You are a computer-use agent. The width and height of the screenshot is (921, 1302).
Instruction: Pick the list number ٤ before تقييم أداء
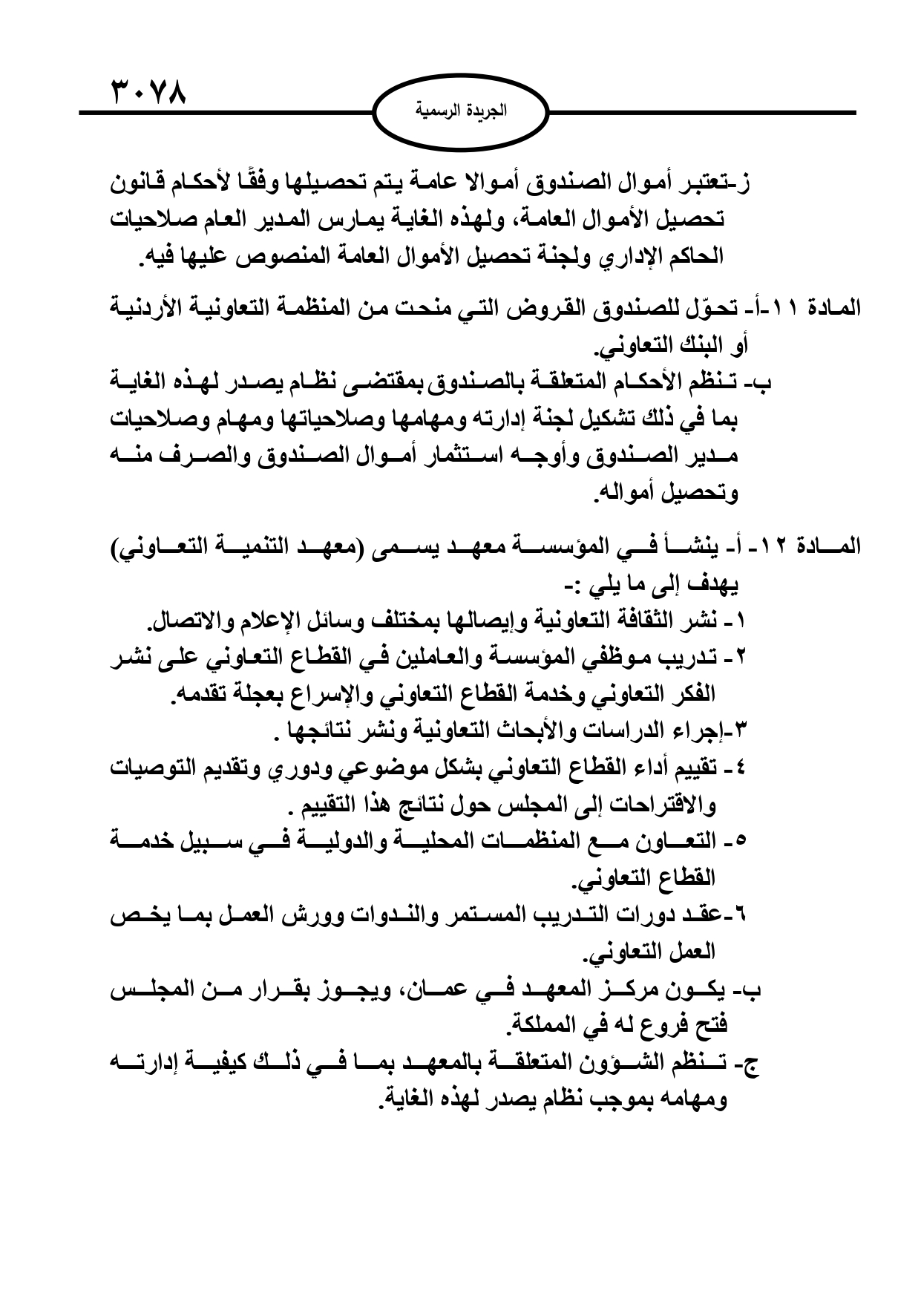point(744,770)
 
